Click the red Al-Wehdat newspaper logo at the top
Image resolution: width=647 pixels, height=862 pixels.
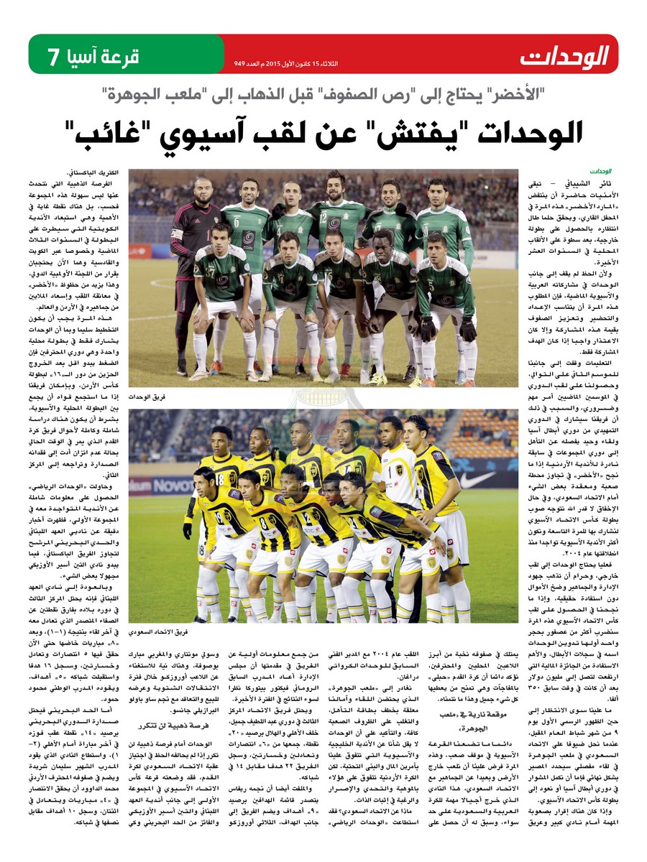coord(565,55)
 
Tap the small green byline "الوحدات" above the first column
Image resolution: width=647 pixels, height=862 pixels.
coord(601,172)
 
